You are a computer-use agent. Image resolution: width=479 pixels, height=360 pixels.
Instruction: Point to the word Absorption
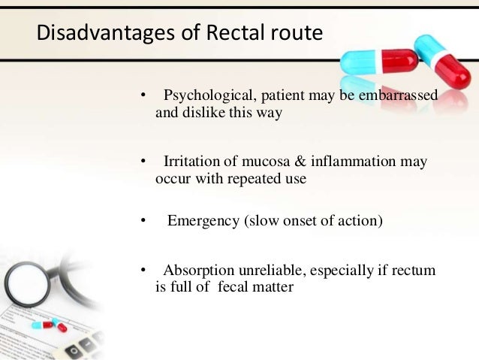tap(198, 270)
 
